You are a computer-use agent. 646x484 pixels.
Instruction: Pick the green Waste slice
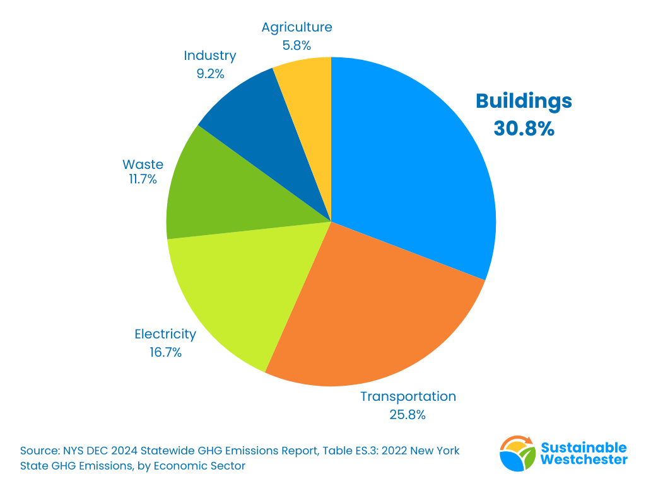[x=227, y=189]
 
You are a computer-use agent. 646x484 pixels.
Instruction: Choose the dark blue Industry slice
[x=265, y=126]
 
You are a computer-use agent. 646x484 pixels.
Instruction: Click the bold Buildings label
[x=524, y=101]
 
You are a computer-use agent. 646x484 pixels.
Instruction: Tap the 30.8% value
[x=524, y=129]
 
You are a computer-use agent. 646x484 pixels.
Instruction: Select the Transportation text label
[x=408, y=396]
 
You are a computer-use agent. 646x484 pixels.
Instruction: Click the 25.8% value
[x=408, y=415]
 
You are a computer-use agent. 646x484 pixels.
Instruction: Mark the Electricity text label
[x=165, y=334]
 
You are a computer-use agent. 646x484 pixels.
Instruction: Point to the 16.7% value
[x=165, y=352]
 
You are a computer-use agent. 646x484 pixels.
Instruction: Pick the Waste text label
[x=143, y=164]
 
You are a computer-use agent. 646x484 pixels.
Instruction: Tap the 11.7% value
[x=143, y=180]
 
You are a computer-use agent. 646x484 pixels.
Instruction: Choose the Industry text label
[x=210, y=55]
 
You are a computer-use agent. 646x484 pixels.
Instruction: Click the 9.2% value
[x=210, y=73]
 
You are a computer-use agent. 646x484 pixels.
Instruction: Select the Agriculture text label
[x=297, y=27]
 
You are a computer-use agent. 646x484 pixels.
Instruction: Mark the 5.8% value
[x=297, y=45]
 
